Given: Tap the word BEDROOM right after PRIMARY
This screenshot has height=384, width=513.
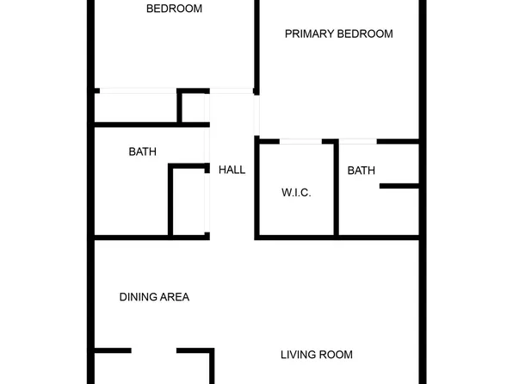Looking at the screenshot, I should click(365, 34).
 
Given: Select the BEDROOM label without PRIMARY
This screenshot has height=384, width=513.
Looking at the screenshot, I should click(174, 9).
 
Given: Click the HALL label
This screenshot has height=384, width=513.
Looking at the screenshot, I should click(232, 170).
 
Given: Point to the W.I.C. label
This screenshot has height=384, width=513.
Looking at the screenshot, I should click(296, 194).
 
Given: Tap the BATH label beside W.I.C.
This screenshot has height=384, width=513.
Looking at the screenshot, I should click(362, 171).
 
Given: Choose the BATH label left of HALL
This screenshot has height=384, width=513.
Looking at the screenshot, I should click(143, 152).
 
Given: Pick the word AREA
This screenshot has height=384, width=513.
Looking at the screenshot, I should click(175, 297).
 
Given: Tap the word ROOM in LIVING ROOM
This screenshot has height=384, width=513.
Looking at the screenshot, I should click(337, 355).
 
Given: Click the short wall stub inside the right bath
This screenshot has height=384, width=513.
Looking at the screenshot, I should click(399, 186).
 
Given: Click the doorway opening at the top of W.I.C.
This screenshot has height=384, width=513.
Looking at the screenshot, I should click(300, 140).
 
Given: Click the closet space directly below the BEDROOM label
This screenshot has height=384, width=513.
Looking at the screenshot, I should click(136, 107).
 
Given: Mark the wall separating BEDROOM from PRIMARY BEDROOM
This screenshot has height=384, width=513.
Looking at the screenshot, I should click(256, 43).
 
